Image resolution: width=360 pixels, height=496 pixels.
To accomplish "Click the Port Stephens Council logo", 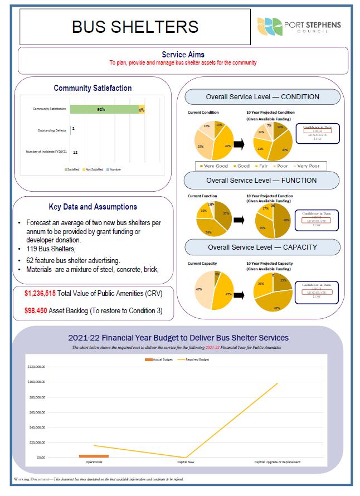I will [299, 26].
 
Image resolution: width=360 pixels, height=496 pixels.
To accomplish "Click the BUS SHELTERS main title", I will [135, 26].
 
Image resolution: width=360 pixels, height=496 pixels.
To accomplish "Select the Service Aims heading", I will [183, 55].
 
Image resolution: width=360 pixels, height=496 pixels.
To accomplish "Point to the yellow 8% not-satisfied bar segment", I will [142, 110].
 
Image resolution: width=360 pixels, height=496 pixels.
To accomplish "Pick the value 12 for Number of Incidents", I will [75, 152].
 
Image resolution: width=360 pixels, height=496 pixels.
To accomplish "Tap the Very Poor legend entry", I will [308, 166].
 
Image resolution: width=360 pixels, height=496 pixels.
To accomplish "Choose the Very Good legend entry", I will [213, 166].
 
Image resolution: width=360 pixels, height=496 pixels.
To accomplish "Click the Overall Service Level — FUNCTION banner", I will [261, 181].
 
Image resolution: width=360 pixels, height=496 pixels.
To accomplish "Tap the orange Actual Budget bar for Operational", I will [94, 456].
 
